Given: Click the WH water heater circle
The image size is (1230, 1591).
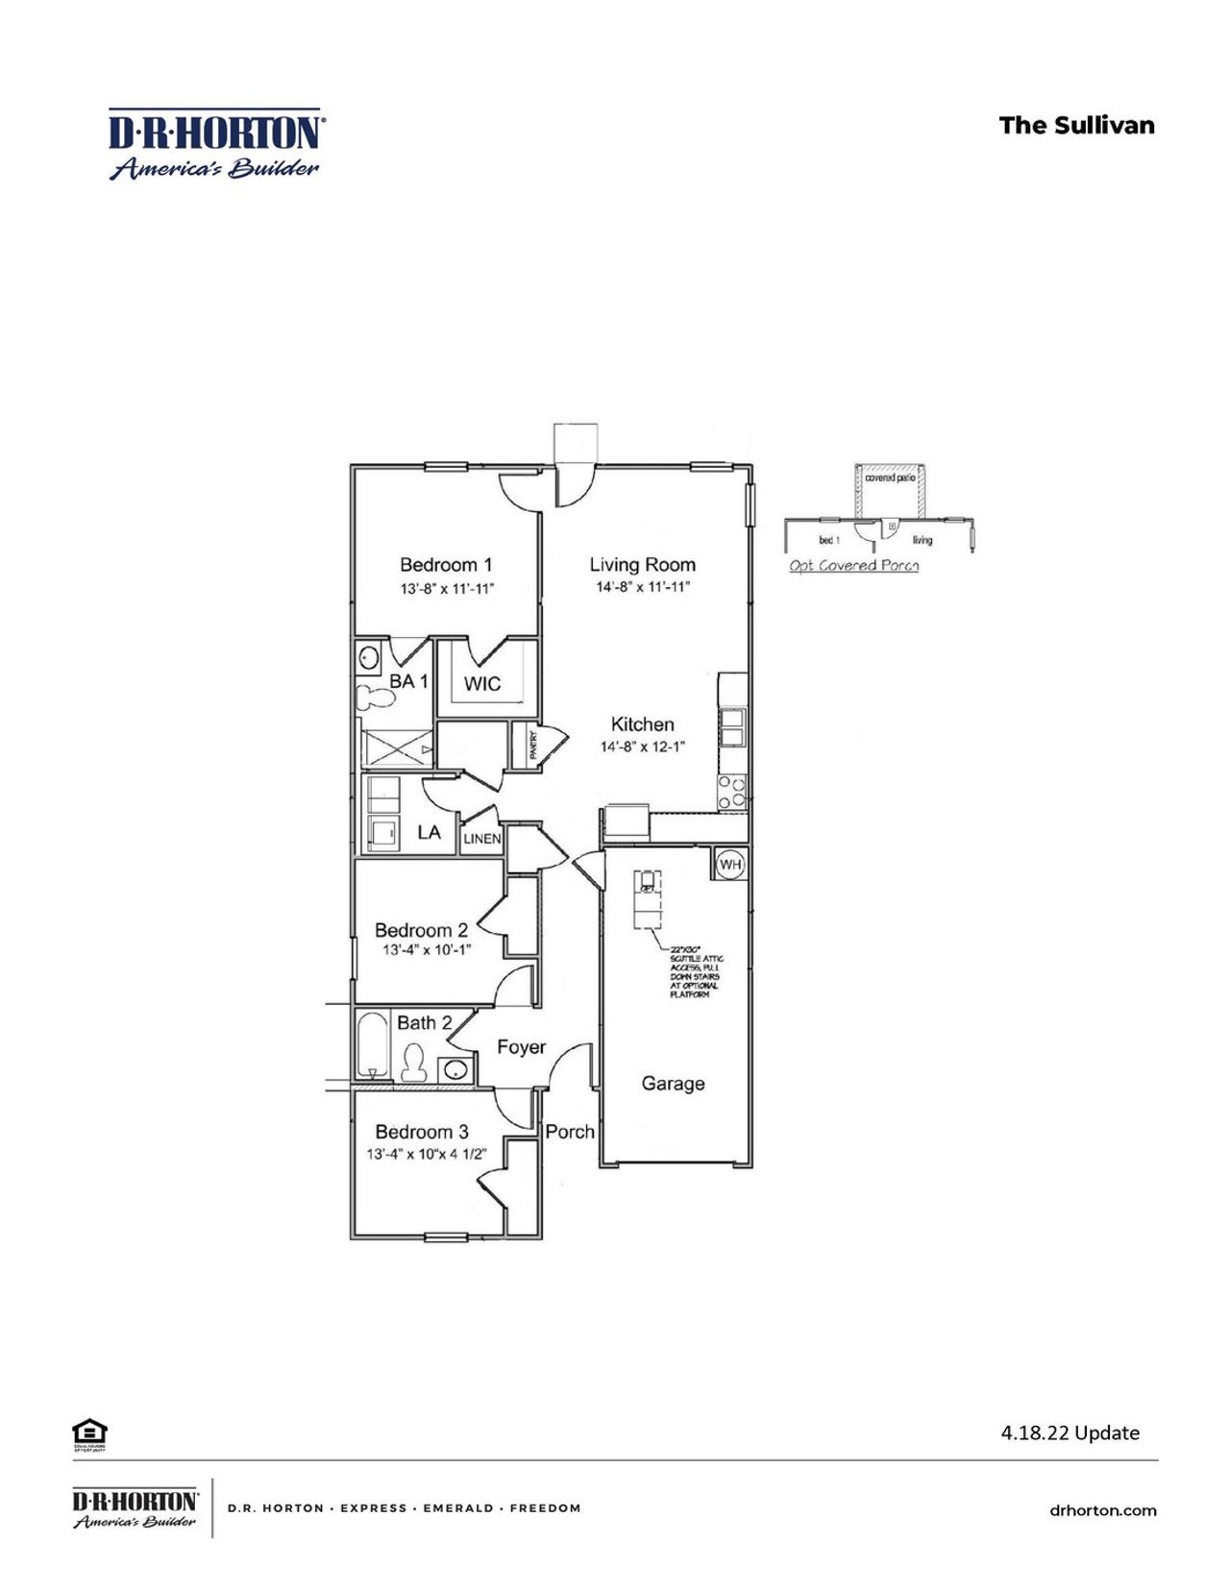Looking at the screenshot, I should [730, 865].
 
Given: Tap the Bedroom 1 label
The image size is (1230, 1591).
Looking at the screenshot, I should [446, 565].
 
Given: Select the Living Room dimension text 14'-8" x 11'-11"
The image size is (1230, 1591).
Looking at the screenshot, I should [642, 587].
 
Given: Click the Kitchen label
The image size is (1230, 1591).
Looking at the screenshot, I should [643, 724].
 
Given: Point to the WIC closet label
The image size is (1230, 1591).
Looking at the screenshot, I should [482, 684].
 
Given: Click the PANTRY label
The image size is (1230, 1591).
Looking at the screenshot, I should [533, 746].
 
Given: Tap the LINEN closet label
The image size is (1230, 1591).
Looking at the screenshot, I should [482, 839].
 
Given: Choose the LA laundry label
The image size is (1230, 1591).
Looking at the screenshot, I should [429, 832].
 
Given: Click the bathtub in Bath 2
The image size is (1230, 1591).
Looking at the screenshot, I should [371, 1046].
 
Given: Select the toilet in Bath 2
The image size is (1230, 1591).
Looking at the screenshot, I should [414, 1063].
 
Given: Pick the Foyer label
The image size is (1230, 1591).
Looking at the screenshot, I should [521, 1047].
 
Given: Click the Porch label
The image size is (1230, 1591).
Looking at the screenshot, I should [570, 1132].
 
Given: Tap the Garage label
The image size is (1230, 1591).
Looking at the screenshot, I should [673, 1084].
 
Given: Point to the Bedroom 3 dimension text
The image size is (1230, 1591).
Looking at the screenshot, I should [427, 1154].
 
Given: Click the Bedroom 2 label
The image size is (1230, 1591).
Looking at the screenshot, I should [421, 930].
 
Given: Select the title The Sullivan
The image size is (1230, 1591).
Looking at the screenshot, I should [1076, 126].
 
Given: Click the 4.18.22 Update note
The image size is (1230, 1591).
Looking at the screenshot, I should [1070, 1432].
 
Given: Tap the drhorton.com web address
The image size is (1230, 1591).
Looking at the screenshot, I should [1103, 1510].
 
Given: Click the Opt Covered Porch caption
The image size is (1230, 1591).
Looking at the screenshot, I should [853, 566].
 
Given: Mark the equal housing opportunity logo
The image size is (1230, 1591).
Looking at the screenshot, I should [88, 1432].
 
